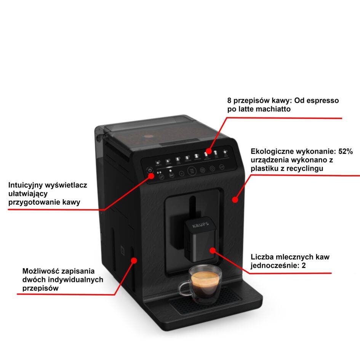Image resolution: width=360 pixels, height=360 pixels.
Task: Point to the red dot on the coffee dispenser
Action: [x=213, y=250]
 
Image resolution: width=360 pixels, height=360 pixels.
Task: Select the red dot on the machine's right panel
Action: [x=235, y=199]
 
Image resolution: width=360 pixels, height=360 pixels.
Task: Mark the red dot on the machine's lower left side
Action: [x=134, y=260]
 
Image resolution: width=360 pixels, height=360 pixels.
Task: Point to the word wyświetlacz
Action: [x=67, y=186]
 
